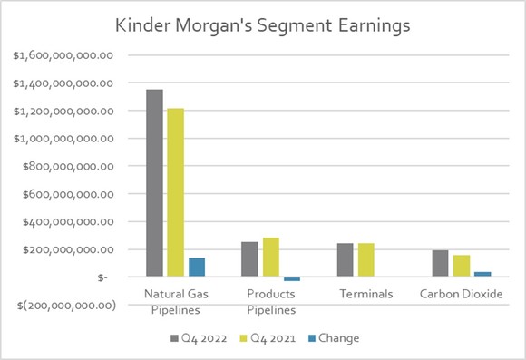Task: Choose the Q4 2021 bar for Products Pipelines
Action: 270,258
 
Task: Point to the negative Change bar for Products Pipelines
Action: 291,279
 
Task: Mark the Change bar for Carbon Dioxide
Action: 482,274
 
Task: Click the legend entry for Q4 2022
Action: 196,338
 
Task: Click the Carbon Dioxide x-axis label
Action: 462,295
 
